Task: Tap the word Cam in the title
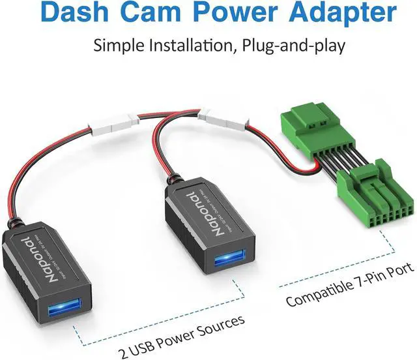[150, 12]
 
